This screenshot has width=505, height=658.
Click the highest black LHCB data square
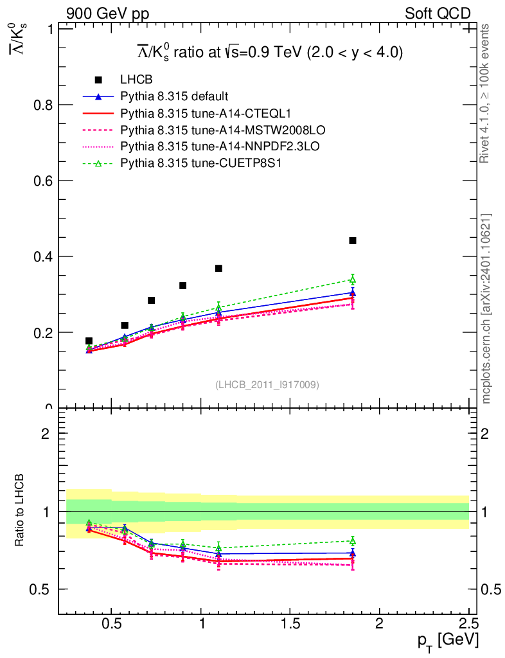coord(352,240)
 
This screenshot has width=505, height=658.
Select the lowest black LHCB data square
coord(89,341)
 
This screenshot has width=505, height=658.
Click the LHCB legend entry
coord(136,80)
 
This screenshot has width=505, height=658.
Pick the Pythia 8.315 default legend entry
coord(174,96)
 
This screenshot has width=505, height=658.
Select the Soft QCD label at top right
coord(438,13)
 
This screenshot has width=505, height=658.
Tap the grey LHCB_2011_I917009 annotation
coord(267,384)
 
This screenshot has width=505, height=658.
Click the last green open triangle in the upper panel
coord(352,279)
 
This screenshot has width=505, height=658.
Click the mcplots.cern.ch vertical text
coord(486,308)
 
